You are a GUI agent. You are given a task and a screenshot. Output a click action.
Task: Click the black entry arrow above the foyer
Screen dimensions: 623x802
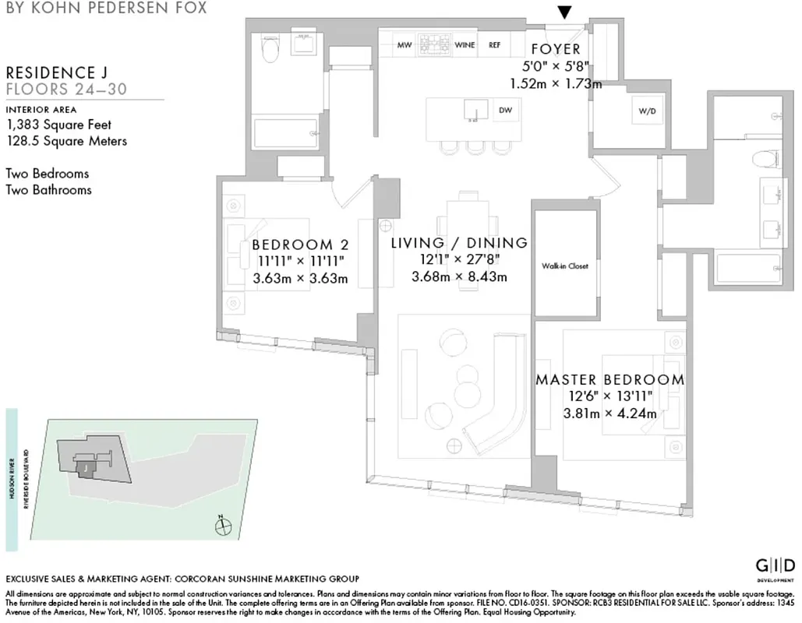tap(565, 12)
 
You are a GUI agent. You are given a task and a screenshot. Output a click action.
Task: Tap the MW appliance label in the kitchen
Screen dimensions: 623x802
tap(404, 45)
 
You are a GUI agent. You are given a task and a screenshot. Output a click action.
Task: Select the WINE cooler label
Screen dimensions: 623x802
tap(465, 45)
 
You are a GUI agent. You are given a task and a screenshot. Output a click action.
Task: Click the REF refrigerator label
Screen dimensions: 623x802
tap(494, 45)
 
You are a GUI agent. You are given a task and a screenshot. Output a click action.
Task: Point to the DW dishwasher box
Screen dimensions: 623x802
tap(505, 111)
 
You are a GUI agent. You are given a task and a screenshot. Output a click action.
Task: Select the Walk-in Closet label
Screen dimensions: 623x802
tap(565, 266)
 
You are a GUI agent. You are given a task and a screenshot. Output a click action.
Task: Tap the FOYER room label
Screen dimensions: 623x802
tap(556, 50)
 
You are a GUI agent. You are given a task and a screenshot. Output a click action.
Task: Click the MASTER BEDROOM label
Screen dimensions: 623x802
tap(609, 380)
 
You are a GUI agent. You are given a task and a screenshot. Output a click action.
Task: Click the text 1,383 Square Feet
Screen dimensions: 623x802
tap(58, 125)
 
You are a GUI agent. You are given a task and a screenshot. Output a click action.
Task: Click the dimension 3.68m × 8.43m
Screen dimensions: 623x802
tap(459, 276)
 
